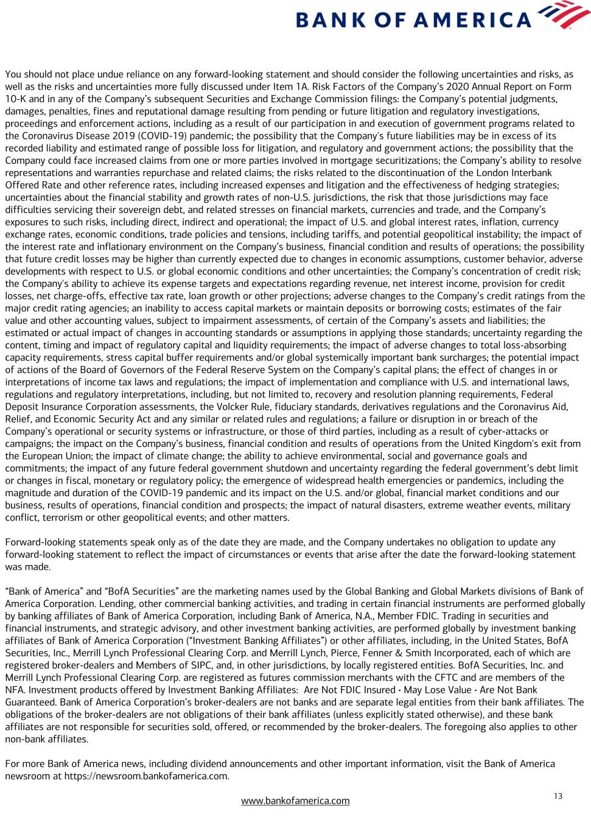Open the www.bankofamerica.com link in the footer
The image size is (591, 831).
(295, 801)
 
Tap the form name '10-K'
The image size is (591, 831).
(16, 99)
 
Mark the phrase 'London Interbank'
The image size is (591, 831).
(518, 172)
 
